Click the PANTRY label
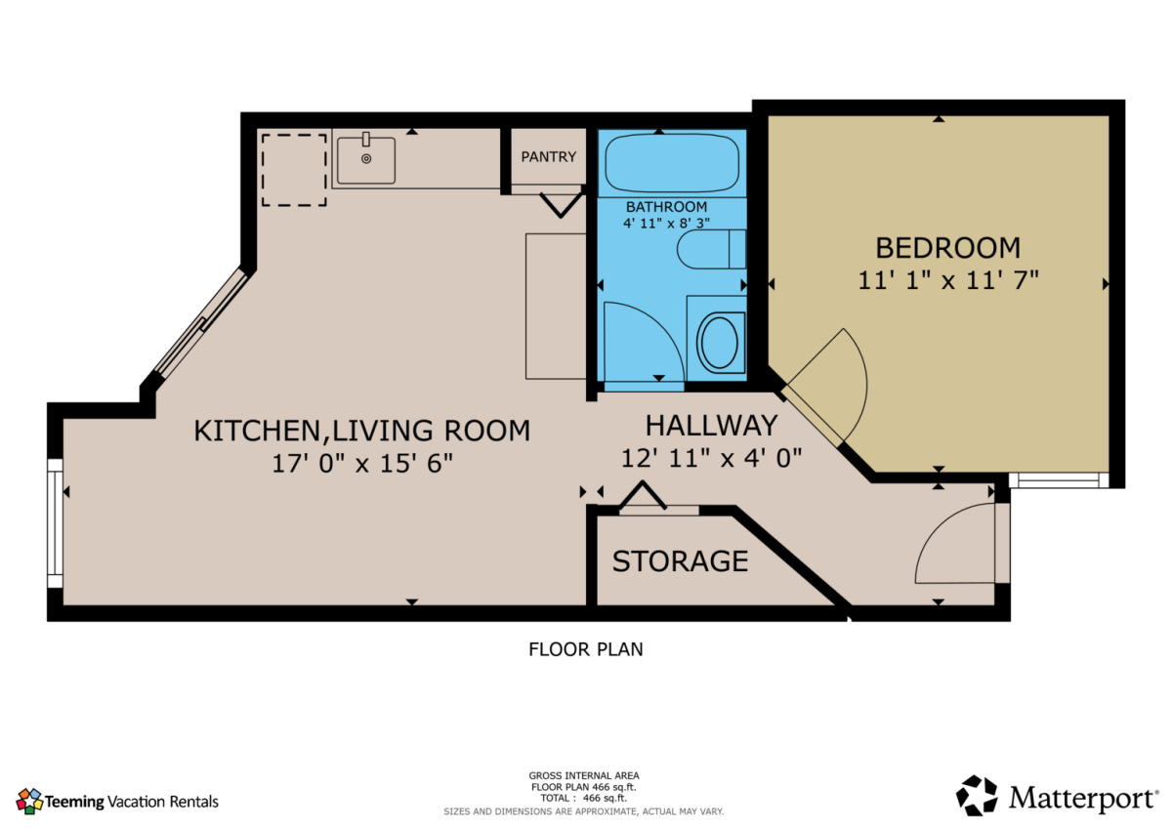click(x=548, y=156)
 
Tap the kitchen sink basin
click(x=365, y=160)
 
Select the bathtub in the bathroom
click(x=672, y=163)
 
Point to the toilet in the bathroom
click(x=711, y=249)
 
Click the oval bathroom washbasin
click(x=720, y=343)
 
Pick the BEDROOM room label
click(x=948, y=248)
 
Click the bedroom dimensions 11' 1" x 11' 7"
click(x=948, y=280)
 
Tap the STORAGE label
click(x=680, y=561)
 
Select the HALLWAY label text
click(x=711, y=426)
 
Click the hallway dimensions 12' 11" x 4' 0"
click(x=711, y=458)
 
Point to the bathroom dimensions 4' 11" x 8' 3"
click(x=666, y=224)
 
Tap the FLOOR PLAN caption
click(x=585, y=649)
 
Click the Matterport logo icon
click(x=977, y=795)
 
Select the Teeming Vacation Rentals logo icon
click(x=29, y=802)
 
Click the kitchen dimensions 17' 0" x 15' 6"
click(x=362, y=464)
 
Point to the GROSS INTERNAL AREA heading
click(x=584, y=775)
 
